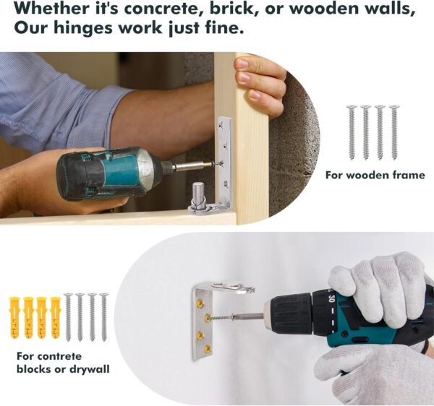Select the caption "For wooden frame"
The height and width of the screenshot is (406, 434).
point(375,176)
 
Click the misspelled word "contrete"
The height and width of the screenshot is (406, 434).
point(59,356)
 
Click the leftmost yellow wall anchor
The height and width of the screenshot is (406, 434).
point(14,318)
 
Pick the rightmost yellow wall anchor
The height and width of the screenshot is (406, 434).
point(56,318)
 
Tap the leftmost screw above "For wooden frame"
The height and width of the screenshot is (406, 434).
point(352,133)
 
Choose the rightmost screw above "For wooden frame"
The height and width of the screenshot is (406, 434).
point(394,133)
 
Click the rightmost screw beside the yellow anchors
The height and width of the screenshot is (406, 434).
point(104,317)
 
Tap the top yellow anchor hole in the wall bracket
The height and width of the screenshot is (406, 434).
point(200,303)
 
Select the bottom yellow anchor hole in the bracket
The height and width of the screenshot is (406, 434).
point(207,348)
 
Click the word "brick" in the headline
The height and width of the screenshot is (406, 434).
point(231,9)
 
